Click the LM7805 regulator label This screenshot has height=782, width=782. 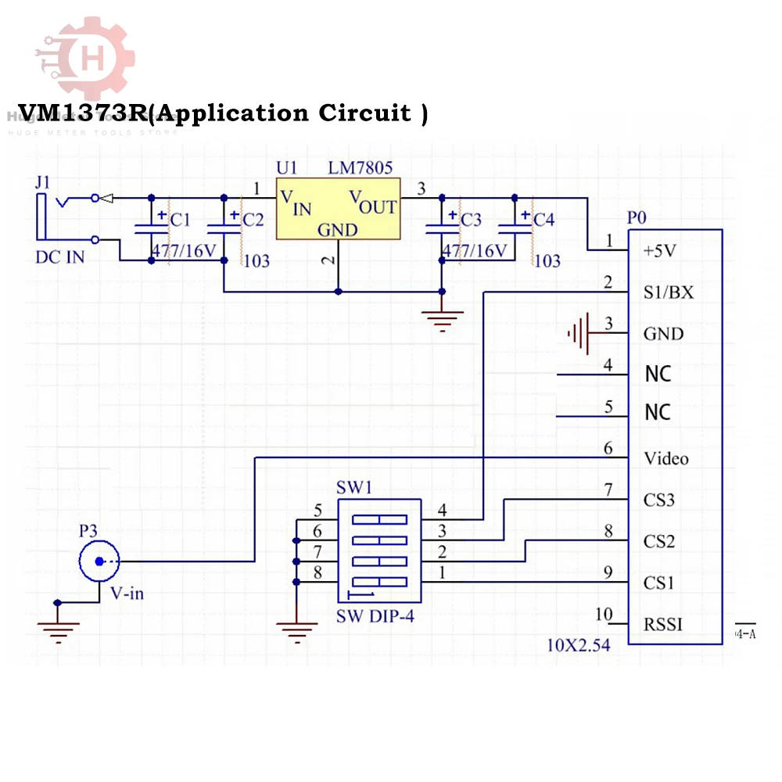point(361,168)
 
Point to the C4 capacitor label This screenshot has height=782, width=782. point(543,220)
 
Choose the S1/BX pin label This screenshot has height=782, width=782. point(668,292)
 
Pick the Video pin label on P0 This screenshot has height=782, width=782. point(665,458)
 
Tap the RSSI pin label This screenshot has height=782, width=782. point(663,624)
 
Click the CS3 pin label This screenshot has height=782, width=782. point(658,500)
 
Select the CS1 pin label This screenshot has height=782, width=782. point(658,583)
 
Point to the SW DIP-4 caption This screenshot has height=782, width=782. point(375,616)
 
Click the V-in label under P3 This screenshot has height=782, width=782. point(127,594)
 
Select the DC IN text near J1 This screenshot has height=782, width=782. point(59,257)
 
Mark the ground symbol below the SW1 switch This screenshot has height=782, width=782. point(297,626)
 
